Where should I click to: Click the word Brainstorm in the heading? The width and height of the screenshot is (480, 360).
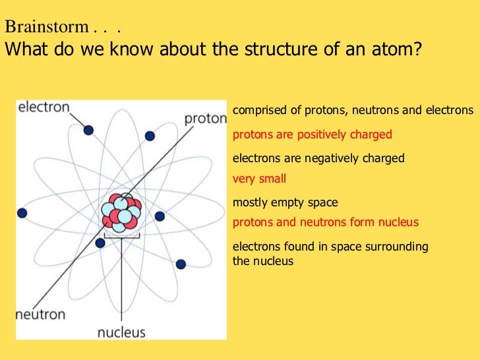point(46,28)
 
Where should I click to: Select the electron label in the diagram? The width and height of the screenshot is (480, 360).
point(44,107)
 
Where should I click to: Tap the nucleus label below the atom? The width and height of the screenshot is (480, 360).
point(121,332)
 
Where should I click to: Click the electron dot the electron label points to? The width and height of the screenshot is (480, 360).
point(88,131)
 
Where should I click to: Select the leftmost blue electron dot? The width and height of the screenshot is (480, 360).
point(22,213)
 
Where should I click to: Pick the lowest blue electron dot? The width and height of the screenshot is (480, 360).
point(181,264)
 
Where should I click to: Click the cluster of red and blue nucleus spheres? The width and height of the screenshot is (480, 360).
point(121,212)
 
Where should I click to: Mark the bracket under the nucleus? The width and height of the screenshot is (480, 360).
point(121,235)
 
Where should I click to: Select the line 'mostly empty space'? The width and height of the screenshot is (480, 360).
point(285,202)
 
